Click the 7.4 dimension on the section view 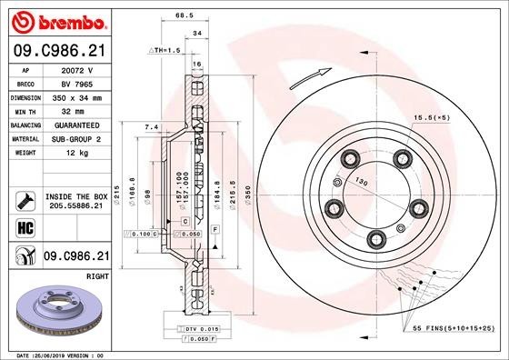pos(152,126)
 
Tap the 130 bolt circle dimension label pos(361,181)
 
